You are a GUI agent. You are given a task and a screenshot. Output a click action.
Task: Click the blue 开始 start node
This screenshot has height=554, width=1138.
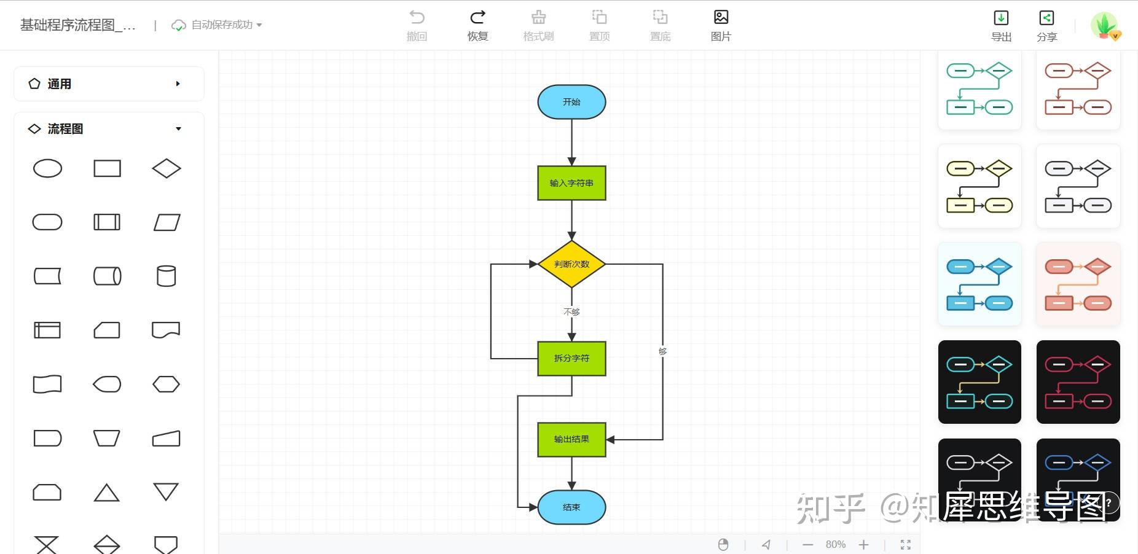571,102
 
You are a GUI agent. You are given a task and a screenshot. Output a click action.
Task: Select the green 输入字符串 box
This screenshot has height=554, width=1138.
571,183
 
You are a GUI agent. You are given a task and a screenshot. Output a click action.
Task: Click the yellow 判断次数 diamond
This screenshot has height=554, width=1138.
571,264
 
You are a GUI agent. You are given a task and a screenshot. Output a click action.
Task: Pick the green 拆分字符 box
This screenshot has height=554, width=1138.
571,358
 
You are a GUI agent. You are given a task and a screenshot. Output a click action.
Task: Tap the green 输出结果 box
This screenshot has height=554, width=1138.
571,439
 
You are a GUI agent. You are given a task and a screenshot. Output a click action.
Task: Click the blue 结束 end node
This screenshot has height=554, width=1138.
571,507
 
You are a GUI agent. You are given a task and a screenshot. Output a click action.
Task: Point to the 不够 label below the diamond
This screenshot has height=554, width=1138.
571,312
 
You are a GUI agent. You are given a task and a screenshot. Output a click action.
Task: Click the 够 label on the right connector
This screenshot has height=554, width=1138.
662,351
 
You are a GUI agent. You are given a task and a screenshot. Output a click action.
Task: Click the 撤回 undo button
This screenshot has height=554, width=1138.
417,25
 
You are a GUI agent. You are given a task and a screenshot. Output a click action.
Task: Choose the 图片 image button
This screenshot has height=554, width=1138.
721,25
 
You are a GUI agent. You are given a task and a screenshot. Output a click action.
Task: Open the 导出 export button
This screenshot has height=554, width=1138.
1001,25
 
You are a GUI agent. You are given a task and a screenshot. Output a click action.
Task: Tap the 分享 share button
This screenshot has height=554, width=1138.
1046,25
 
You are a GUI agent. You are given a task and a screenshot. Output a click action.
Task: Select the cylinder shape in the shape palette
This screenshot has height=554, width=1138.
166,276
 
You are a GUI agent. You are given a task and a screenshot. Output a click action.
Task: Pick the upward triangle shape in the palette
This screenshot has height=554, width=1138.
106,493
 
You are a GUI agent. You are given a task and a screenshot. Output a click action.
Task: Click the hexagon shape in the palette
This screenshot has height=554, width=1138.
166,384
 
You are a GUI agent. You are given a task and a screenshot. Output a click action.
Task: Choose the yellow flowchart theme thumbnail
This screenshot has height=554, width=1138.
979,186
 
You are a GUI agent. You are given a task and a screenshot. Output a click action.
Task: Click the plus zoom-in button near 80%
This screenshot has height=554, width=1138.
863,545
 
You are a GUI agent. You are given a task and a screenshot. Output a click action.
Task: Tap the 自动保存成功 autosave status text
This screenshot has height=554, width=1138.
222,25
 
